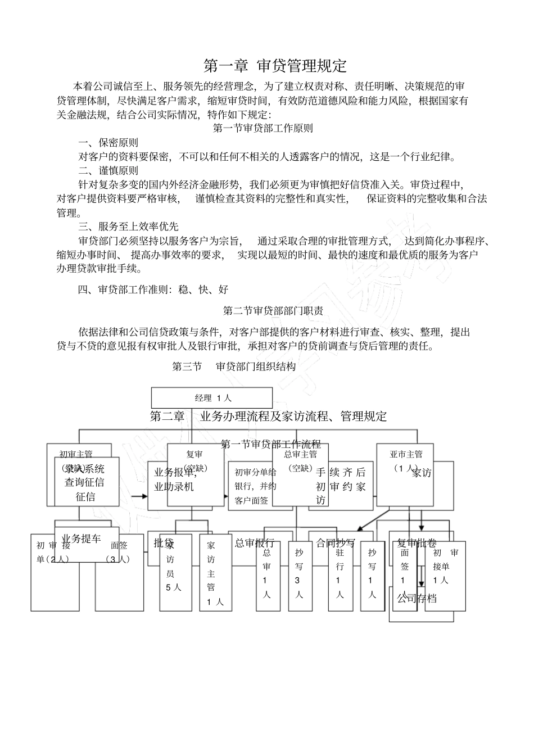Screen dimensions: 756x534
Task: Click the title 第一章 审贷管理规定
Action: coord(275,66)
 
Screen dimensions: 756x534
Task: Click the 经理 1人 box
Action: coord(212,398)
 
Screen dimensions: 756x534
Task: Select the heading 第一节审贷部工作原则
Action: coord(263,128)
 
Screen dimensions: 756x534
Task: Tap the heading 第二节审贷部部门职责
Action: coord(273,310)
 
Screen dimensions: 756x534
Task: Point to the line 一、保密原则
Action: coord(108,143)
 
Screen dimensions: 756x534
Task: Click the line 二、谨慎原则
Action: coord(108,170)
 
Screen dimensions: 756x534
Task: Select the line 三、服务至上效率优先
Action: coord(128,227)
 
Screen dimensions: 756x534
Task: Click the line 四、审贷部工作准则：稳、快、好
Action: coord(153,290)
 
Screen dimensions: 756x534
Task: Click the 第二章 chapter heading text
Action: coord(168,417)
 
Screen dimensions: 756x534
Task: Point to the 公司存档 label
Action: coord(417,599)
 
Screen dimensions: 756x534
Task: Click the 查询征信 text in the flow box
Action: coord(84,482)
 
